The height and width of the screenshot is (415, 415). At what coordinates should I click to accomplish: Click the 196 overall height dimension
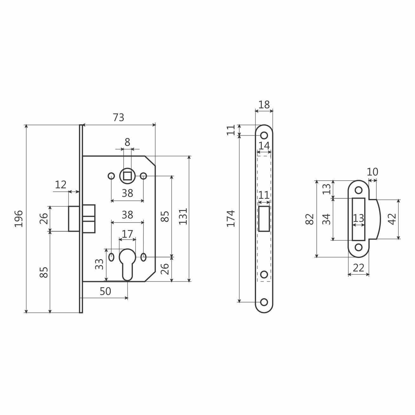point(19,219)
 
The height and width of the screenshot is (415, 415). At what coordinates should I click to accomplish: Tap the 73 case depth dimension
point(118,118)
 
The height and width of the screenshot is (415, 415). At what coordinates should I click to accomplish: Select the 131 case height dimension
point(183,216)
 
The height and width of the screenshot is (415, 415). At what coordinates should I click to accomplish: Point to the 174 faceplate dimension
point(231,219)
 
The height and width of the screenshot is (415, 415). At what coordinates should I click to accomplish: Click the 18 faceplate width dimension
point(264,105)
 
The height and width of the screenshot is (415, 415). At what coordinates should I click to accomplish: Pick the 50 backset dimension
point(105,291)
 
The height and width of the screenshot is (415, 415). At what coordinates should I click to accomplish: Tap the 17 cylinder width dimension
point(127,234)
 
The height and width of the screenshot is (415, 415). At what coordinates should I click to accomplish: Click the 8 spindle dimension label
point(127,142)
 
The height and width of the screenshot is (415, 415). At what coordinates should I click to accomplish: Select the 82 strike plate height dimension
point(310,219)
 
